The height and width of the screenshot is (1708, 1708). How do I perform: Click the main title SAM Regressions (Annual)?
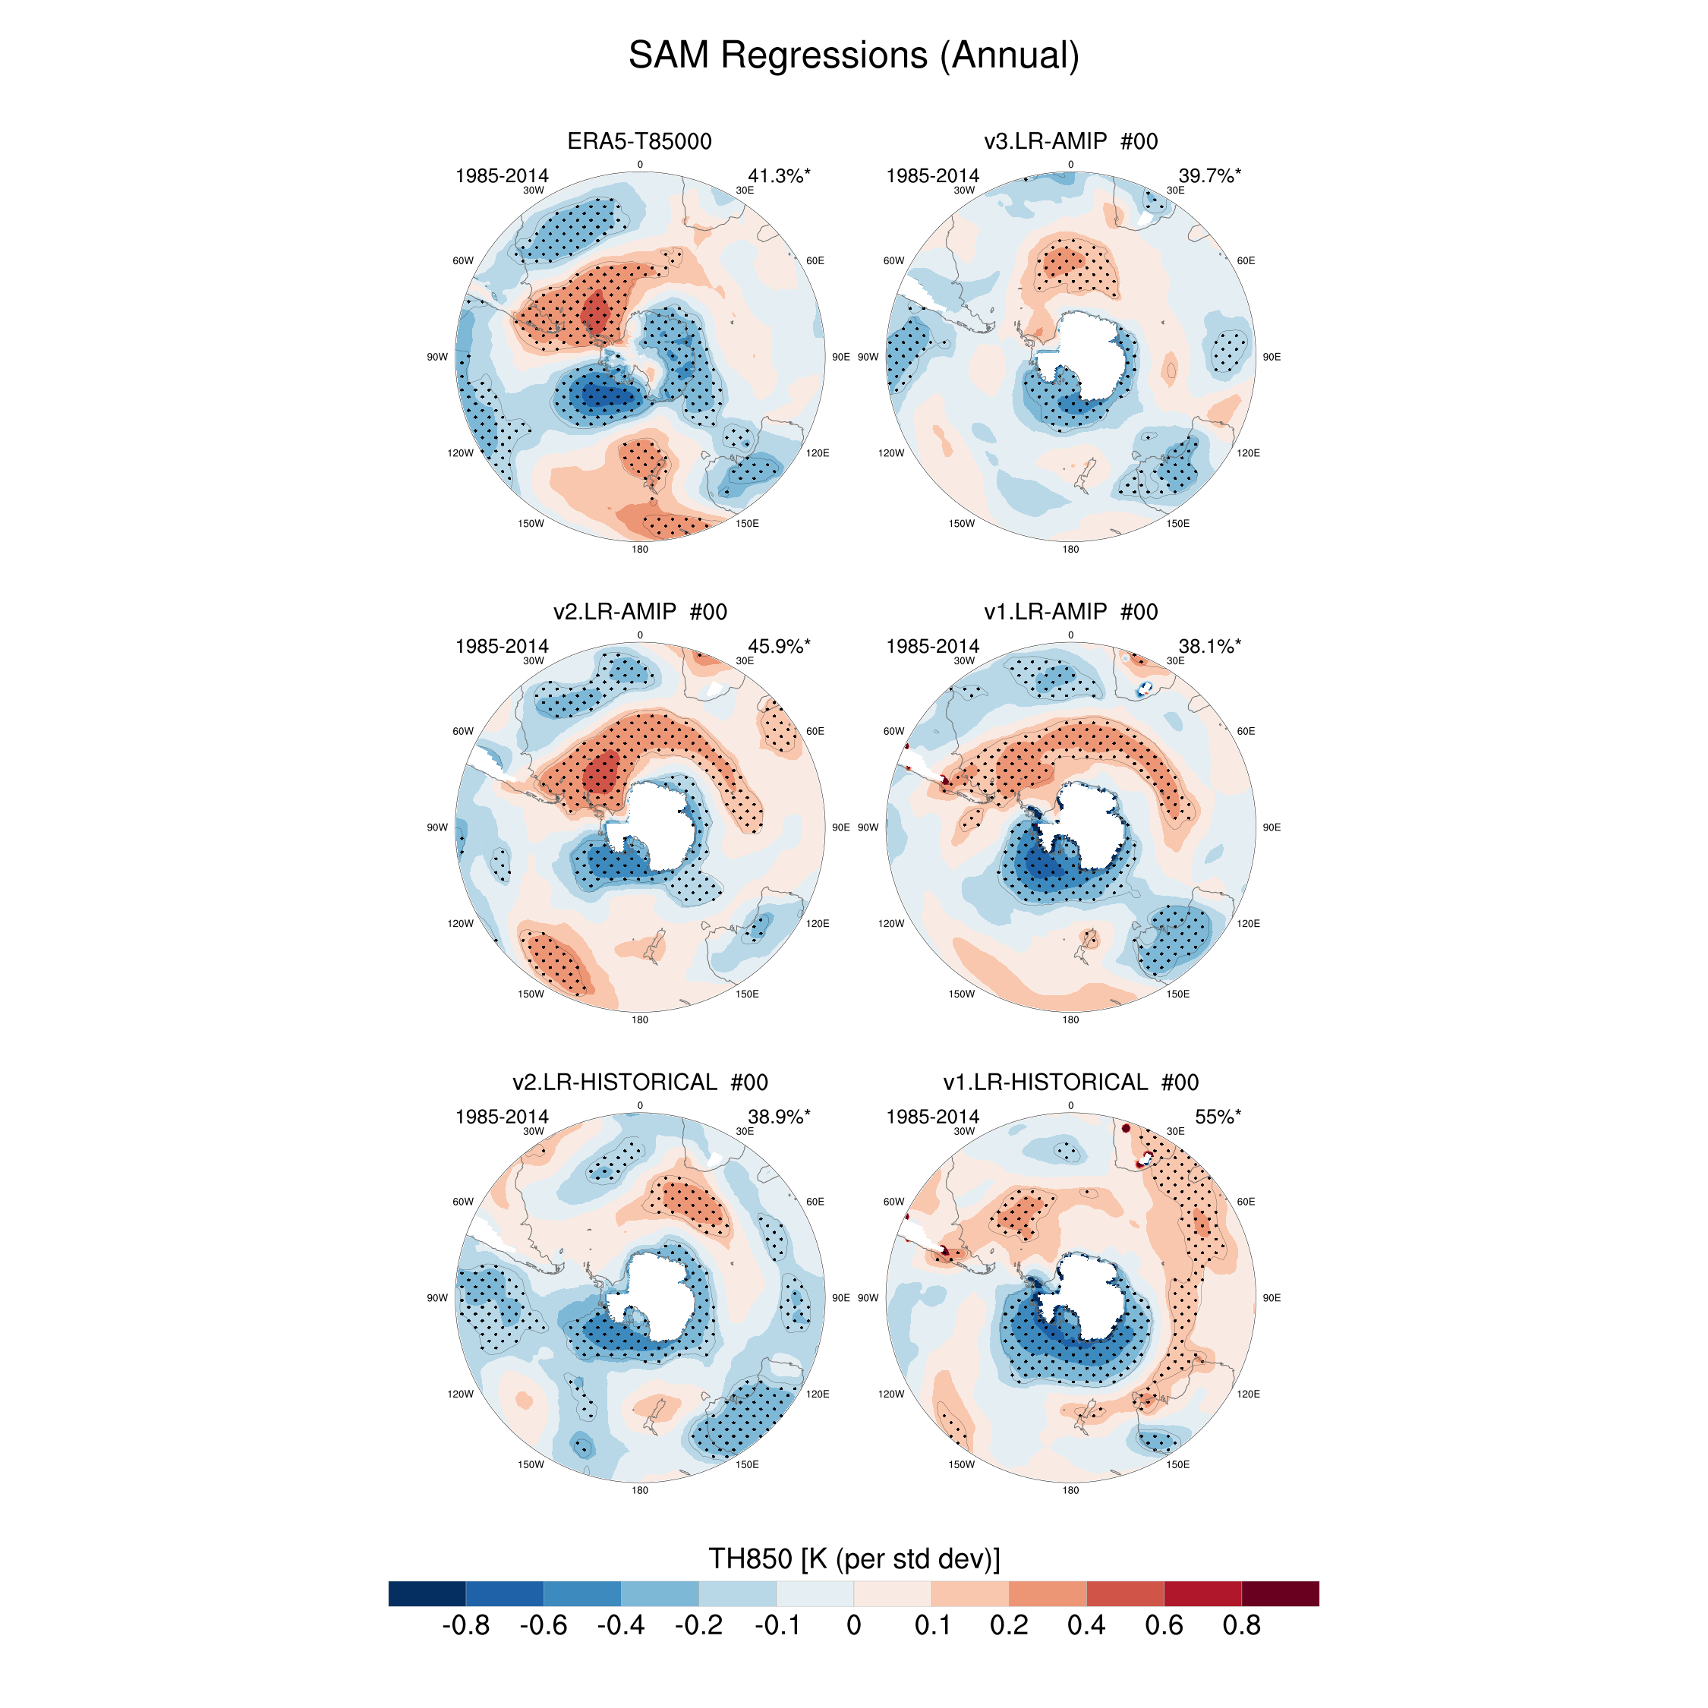coord(853,55)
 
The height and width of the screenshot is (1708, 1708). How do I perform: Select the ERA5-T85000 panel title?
coord(639,141)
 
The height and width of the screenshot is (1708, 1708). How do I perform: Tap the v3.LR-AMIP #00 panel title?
coord(1070,141)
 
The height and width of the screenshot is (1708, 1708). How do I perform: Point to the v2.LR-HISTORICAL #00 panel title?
coord(639,1082)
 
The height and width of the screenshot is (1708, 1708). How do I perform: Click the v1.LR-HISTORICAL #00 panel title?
coord(1070,1082)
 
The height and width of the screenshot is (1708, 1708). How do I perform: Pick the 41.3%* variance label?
coord(779,176)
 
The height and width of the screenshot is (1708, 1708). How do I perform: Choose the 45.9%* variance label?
coord(779,646)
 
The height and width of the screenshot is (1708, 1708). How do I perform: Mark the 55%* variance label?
coord(1218,1117)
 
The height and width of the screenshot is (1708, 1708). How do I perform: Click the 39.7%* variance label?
coord(1209,176)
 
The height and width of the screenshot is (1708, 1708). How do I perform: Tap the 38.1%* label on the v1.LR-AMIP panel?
coord(1209,646)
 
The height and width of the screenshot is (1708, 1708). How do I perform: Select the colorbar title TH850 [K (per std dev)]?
coord(854,1558)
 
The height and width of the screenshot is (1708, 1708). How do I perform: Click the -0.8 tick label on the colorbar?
coord(466,1625)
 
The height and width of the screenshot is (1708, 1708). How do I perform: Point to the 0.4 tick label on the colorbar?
coord(1086,1625)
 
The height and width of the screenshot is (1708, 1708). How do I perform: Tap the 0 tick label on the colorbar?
coord(854,1625)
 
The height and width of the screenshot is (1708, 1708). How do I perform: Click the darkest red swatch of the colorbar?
coord(1280,1593)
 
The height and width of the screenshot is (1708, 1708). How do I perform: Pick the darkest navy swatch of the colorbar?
coord(427,1593)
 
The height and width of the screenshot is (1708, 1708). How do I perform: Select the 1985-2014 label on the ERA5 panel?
coord(501,176)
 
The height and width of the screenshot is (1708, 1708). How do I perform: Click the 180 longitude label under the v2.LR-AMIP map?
coord(639,1019)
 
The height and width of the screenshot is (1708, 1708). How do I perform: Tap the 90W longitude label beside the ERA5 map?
coord(436,357)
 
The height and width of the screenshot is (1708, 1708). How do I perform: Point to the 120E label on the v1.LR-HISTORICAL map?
coord(1248,1394)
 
